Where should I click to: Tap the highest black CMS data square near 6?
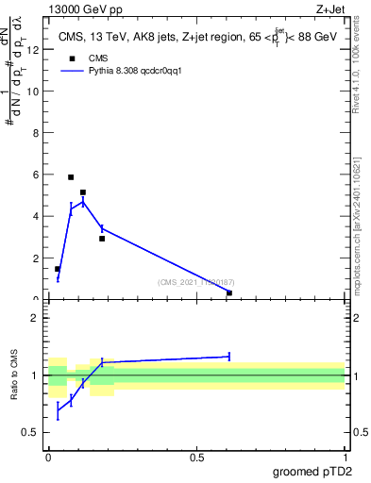[71, 177]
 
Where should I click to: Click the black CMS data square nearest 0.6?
[229, 292]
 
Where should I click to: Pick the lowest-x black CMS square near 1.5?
[58, 269]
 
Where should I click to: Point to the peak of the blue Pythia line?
[83, 201]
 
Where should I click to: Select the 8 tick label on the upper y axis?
[37, 133]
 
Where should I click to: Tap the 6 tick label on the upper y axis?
[37, 175]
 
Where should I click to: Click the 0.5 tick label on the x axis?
[197, 458]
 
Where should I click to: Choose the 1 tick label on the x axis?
[346, 458]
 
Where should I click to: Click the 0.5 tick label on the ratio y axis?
[33, 433]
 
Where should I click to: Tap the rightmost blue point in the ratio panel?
[229, 356]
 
